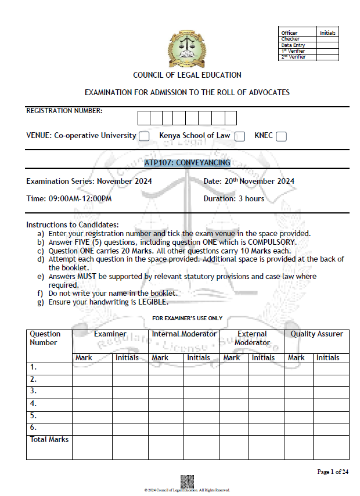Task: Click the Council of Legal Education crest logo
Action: (x=186, y=49)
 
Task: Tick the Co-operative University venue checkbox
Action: (x=144, y=136)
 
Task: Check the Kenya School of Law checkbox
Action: (x=239, y=136)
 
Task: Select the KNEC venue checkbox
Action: (x=281, y=136)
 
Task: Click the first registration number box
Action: (x=144, y=118)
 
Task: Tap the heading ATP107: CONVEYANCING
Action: (x=187, y=163)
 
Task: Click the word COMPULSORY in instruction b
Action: (x=271, y=242)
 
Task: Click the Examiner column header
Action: (x=110, y=334)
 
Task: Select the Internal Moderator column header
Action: (x=184, y=334)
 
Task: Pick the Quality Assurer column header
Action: (x=317, y=334)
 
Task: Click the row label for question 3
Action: (x=34, y=391)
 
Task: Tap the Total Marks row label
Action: (x=49, y=440)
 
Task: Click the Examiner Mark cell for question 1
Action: (x=92, y=368)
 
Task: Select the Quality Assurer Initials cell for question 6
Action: (x=332, y=429)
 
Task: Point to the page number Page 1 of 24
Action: (x=333, y=472)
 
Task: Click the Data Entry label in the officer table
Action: (x=293, y=45)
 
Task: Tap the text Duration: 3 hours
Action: (x=234, y=198)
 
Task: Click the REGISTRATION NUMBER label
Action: (x=64, y=111)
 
